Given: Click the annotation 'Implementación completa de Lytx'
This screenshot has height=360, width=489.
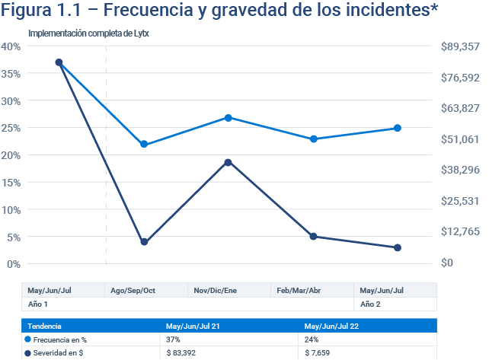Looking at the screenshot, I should coord(82,34).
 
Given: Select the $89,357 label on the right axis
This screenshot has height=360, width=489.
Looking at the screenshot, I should coord(460,46).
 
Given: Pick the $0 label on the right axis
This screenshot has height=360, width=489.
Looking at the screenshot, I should coord(447,263).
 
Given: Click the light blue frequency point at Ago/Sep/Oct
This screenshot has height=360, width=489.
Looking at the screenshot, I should coord(144,144).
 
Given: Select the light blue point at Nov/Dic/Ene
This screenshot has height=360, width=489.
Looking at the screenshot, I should coord(228,118).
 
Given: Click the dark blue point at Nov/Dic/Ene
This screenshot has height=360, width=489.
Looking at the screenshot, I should coord(228,162).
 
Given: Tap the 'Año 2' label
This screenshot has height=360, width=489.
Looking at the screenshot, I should coord(369,304).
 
